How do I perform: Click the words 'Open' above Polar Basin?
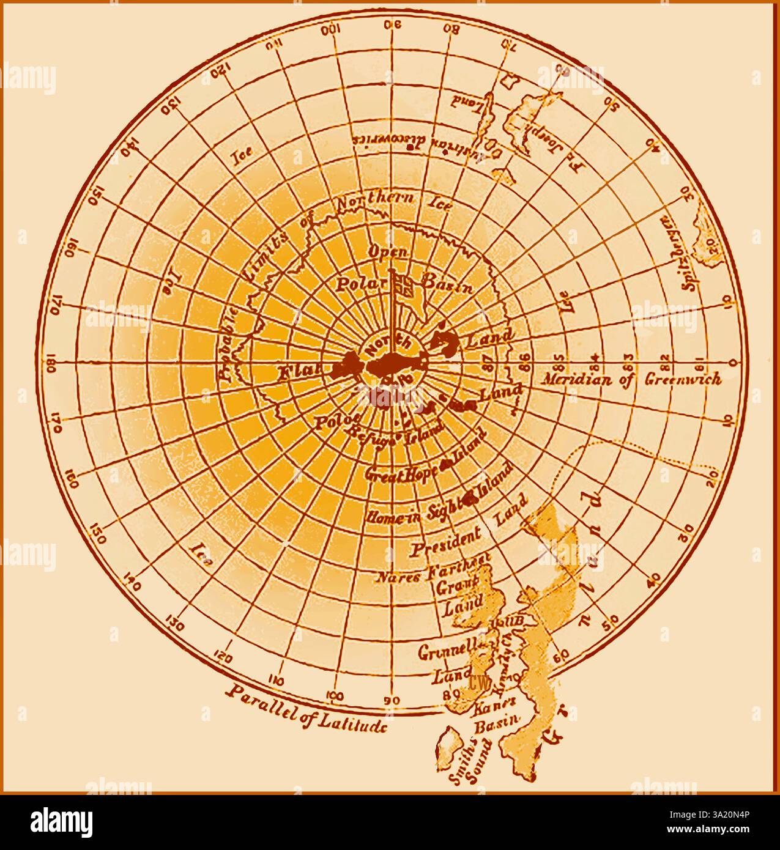tap(388, 251)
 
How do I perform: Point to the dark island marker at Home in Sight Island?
tap(470, 498)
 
